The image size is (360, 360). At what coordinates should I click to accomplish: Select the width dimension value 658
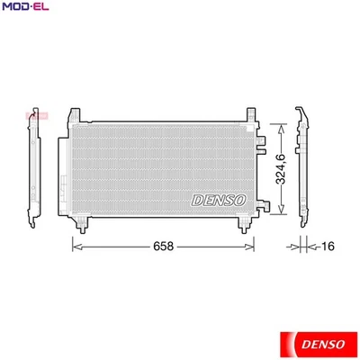click(163, 245)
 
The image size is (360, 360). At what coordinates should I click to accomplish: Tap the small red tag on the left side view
click(37, 115)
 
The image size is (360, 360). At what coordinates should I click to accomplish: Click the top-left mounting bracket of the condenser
click(82, 116)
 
